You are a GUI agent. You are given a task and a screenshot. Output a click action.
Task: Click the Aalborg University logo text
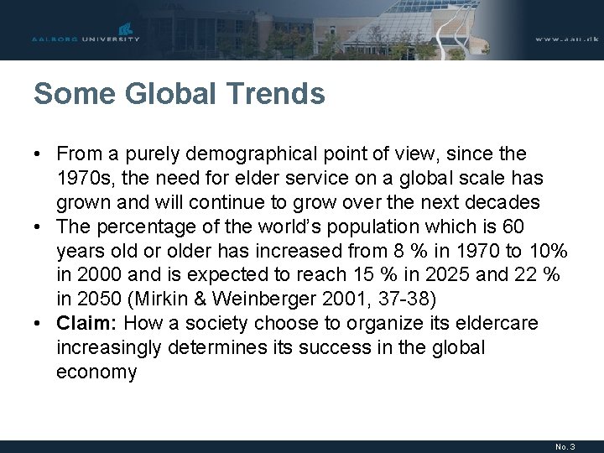[86, 39]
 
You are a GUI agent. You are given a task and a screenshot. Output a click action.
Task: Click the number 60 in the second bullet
[513, 227]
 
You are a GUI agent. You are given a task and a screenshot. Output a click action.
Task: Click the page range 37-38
[408, 299]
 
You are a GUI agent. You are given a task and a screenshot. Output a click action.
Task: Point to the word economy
[96, 372]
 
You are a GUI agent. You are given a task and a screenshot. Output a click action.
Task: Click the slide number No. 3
[564, 446]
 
